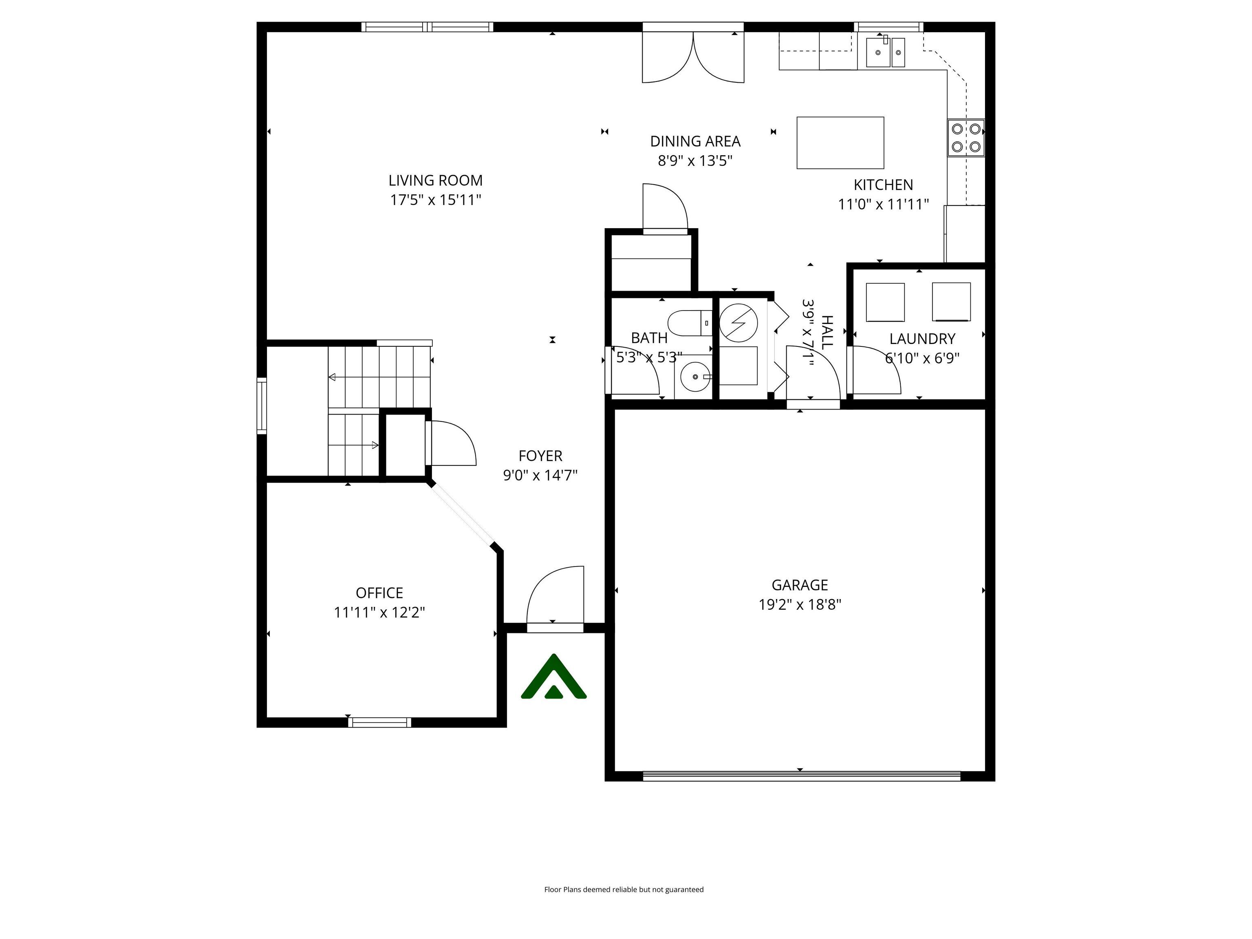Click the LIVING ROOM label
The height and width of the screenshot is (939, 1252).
pos(435,181)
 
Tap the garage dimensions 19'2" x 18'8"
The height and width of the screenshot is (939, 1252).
pos(799,604)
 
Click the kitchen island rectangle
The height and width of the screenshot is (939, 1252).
pos(840,143)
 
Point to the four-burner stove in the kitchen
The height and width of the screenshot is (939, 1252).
pos(965,137)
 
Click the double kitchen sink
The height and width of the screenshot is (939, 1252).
pos(885,52)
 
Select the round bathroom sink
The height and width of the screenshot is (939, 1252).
pos(694,377)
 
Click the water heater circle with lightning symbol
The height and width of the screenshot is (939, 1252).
pos(738,323)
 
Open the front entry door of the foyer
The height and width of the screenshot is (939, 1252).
pos(555,599)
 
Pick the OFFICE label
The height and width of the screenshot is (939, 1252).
pos(379,593)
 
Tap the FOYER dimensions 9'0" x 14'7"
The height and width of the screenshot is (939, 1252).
pos(540,475)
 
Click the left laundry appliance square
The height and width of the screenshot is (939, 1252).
pos(885,302)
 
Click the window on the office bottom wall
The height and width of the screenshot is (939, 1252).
pos(379,722)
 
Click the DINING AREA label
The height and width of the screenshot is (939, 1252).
pos(694,141)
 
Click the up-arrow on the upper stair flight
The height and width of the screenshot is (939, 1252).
pos(332,377)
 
